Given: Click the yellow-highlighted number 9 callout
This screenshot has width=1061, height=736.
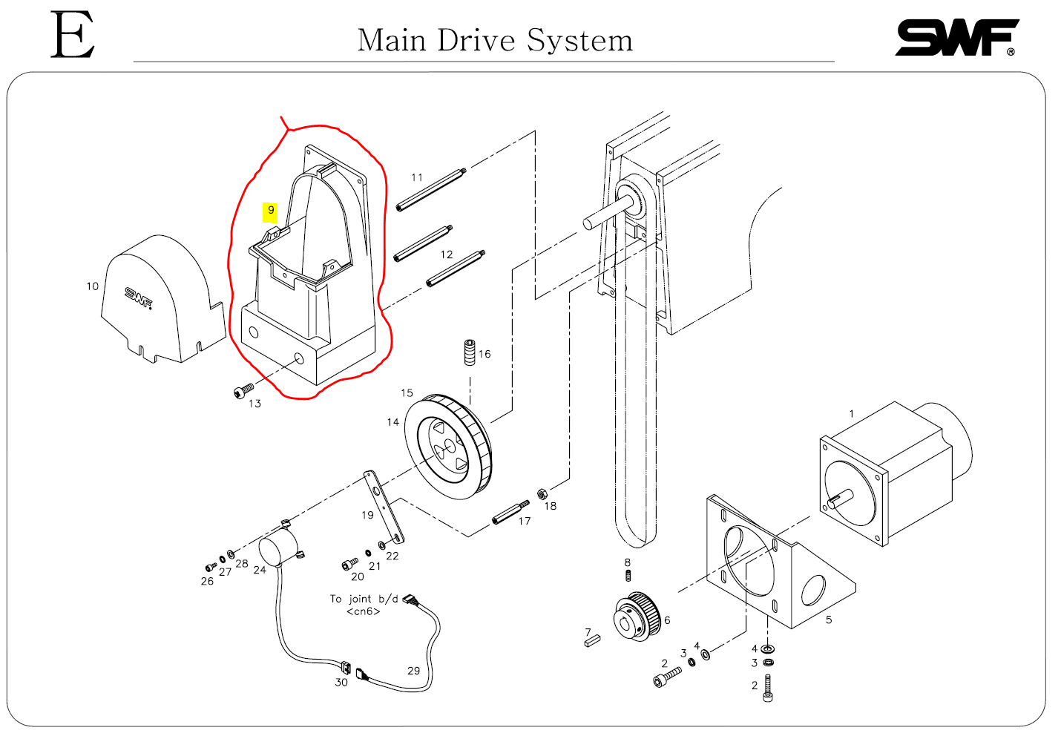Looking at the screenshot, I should click(271, 211).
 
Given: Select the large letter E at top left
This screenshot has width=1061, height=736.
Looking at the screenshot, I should click(73, 35).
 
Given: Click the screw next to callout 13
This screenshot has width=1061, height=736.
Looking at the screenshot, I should click(243, 391).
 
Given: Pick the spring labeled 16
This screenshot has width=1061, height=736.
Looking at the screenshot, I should click(470, 352).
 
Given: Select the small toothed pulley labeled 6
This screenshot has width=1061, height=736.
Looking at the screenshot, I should click(637, 616).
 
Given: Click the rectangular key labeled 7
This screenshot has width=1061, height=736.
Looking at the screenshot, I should click(592, 641).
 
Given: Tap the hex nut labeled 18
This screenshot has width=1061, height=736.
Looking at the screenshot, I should click(542, 494).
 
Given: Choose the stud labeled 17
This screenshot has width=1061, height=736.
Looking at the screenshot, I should click(510, 512).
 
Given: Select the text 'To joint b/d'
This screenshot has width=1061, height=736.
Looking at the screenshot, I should click(364, 599).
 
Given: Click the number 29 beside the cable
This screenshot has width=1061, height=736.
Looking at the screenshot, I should click(413, 671).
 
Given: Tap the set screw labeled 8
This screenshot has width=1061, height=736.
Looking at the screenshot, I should click(628, 576).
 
